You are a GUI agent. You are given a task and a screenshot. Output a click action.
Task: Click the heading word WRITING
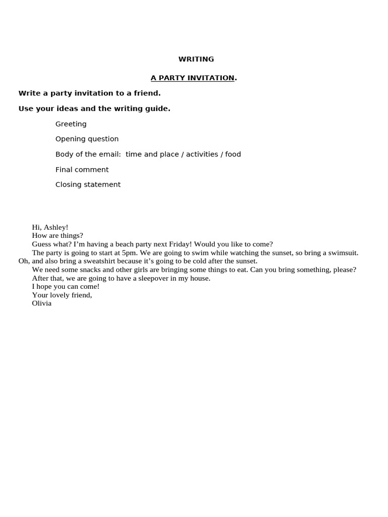196,59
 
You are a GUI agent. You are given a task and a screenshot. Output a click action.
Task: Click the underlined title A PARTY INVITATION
192,78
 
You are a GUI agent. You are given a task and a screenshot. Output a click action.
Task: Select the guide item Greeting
71,124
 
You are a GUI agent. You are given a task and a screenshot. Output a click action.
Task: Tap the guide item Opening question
87,139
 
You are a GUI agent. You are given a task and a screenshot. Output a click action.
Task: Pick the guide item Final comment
82,170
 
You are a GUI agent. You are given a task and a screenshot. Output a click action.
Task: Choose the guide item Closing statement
88,184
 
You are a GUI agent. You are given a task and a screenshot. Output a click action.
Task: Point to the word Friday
180,244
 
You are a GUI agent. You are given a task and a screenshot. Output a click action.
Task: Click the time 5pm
129,252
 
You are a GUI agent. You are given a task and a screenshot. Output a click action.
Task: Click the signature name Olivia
41,303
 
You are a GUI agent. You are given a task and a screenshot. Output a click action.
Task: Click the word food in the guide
233,154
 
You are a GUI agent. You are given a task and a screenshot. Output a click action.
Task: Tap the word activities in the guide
202,154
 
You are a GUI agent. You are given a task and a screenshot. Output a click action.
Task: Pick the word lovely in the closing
59,295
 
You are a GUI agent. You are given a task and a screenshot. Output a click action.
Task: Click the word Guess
42,244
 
